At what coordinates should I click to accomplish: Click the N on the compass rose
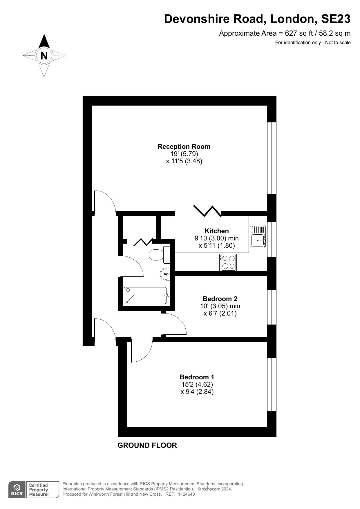coord(44,55)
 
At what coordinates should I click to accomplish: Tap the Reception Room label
coord(184,147)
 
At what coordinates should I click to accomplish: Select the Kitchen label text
coord(217,231)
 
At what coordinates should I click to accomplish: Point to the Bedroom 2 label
coord(220,299)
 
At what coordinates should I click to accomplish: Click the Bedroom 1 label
coord(197,377)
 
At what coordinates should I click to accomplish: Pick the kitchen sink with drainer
coord(258,236)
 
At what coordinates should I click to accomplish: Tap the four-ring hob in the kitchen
coord(228,262)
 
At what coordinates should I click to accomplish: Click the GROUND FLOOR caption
coord(147,445)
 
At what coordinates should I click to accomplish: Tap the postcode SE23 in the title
coord(336,19)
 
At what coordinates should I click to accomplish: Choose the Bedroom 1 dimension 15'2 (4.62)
coord(197,385)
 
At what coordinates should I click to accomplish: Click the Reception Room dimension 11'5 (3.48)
coord(184,161)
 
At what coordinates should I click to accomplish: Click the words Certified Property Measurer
coord(39,490)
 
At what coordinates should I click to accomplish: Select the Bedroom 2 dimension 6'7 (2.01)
coord(220,314)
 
